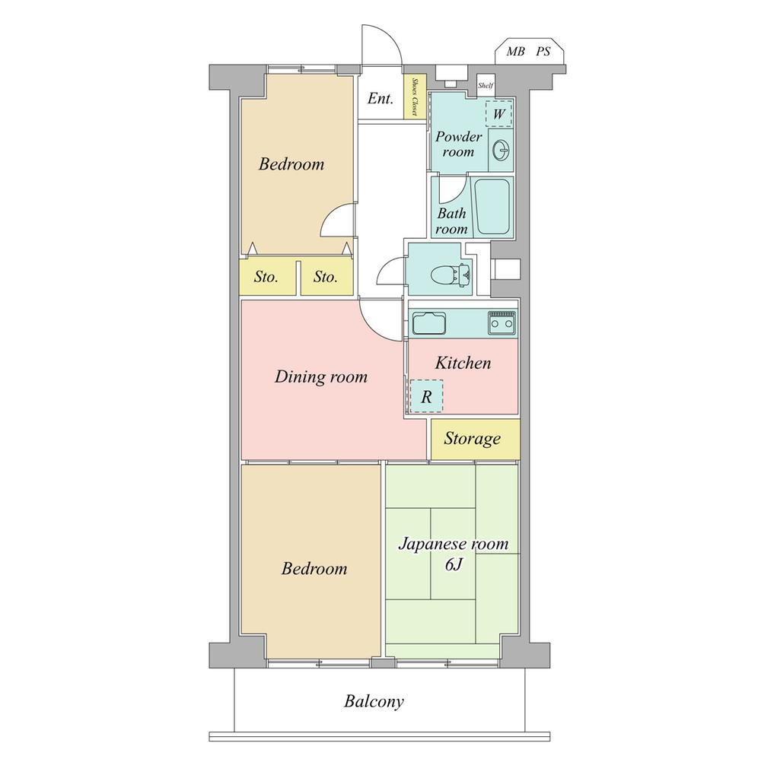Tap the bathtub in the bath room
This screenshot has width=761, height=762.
tap(494, 207)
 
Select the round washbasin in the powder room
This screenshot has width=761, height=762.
tap(501, 151)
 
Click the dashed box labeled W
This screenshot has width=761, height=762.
tap(499, 114)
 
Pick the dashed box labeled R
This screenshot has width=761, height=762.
tap(426, 396)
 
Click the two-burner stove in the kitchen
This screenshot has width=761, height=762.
tap(501, 324)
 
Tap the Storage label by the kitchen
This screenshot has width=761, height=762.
tap(473, 439)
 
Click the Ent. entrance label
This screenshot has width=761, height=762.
tap(380, 98)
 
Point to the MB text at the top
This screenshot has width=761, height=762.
tap(516, 52)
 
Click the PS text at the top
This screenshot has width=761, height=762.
tap(543, 52)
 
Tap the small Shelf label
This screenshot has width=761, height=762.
tap(486, 86)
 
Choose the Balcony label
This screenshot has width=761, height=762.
tap(374, 701)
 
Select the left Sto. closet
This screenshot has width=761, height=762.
tap(266, 278)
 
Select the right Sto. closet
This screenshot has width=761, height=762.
tap(326, 278)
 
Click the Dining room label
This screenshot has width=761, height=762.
tap(320, 376)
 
